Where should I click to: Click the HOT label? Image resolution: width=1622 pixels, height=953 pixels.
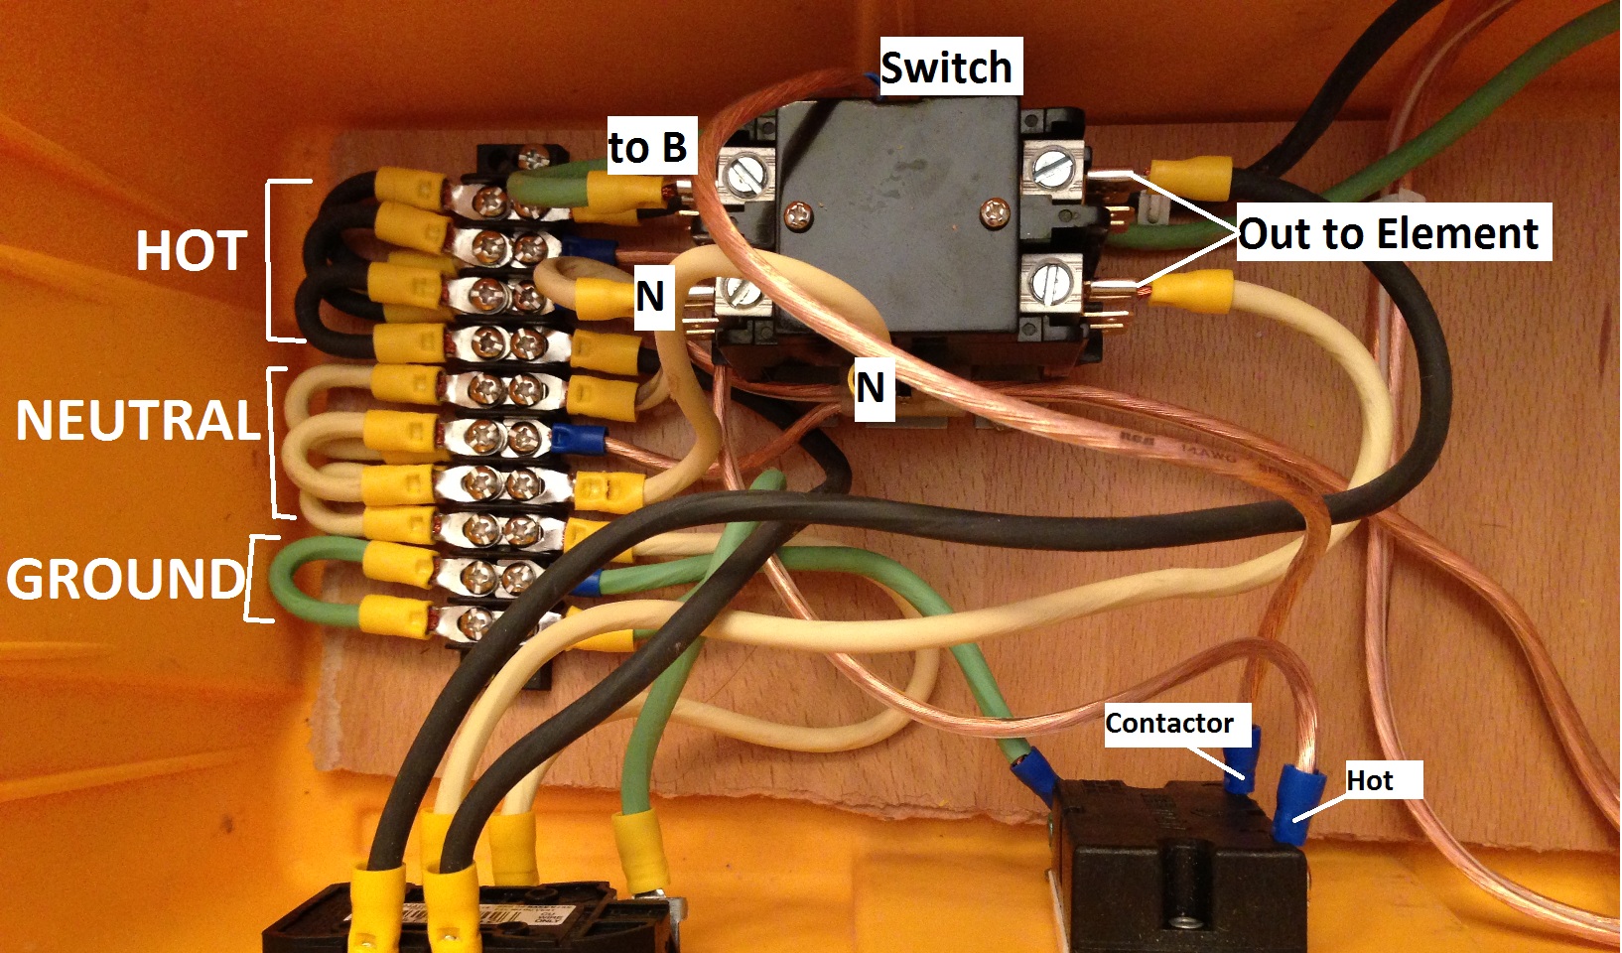point(191,251)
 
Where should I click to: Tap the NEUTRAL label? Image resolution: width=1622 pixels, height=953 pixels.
point(137,420)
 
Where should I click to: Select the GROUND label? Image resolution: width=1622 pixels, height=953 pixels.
point(125,579)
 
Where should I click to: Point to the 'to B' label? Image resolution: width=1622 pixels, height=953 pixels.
point(647,147)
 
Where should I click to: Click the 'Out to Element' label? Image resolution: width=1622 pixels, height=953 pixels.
point(1388,234)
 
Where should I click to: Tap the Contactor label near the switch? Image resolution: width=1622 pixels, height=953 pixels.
point(1169,723)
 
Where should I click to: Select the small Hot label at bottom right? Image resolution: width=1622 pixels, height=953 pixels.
point(1370,780)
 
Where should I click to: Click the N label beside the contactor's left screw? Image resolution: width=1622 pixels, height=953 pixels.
point(650,296)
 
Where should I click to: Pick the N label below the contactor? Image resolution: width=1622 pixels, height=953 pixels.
point(871,387)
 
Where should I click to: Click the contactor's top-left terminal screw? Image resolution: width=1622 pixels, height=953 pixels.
point(743,175)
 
